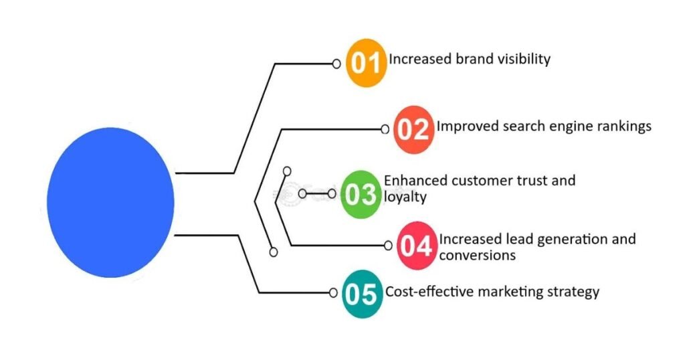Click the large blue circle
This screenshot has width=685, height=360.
coord(111,202)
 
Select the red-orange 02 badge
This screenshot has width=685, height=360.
coord(412,128)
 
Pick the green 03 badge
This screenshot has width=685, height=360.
coord(361,194)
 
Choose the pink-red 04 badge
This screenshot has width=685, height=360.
coord(417,246)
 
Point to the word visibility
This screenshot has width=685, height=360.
coord(523,59)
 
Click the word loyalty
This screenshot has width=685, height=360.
coord(405,197)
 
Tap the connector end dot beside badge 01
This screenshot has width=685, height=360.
coord(337,64)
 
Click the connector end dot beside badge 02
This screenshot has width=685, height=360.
coord(385,129)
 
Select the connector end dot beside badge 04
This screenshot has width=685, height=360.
coord(387,246)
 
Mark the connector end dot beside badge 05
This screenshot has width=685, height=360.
coord(333,292)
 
